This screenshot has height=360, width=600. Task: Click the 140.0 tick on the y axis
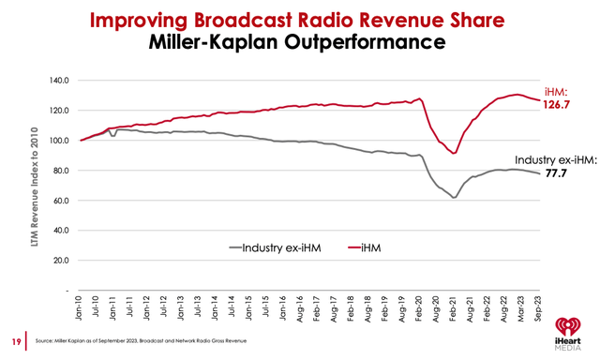pos(60,81)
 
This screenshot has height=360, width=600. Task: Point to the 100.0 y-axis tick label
pos(60,141)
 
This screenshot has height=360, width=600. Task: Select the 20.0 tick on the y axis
pos(62,260)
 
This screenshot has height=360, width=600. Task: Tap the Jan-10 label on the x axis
pos(82,307)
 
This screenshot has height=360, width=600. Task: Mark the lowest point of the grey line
pos(454,198)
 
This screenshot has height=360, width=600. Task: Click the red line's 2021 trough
pos(454,153)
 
